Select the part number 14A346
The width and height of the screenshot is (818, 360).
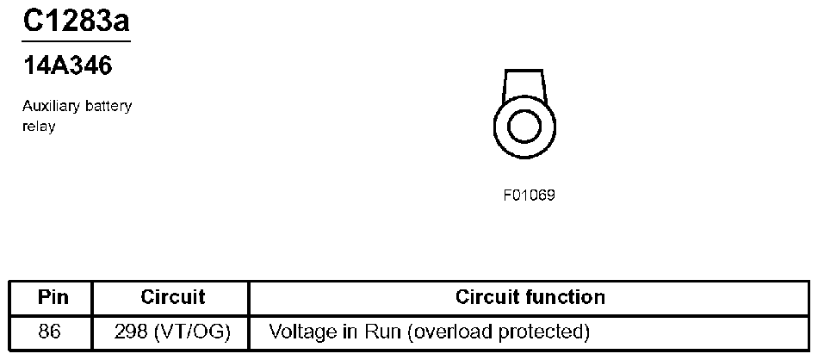tap(68, 65)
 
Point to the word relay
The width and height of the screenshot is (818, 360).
tap(39, 127)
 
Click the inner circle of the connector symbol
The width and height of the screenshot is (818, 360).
tap(523, 127)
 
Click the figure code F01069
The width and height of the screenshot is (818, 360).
tap(529, 195)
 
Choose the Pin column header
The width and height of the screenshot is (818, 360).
tap(50, 298)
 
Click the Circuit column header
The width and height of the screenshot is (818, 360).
tap(172, 298)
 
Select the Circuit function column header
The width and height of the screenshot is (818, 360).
tap(530, 298)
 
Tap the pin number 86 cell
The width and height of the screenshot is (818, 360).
tap(50, 332)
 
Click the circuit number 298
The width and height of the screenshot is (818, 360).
tap(131, 332)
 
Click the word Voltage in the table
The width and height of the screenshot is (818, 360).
tap(301, 332)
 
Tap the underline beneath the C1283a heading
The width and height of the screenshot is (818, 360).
tap(76, 40)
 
